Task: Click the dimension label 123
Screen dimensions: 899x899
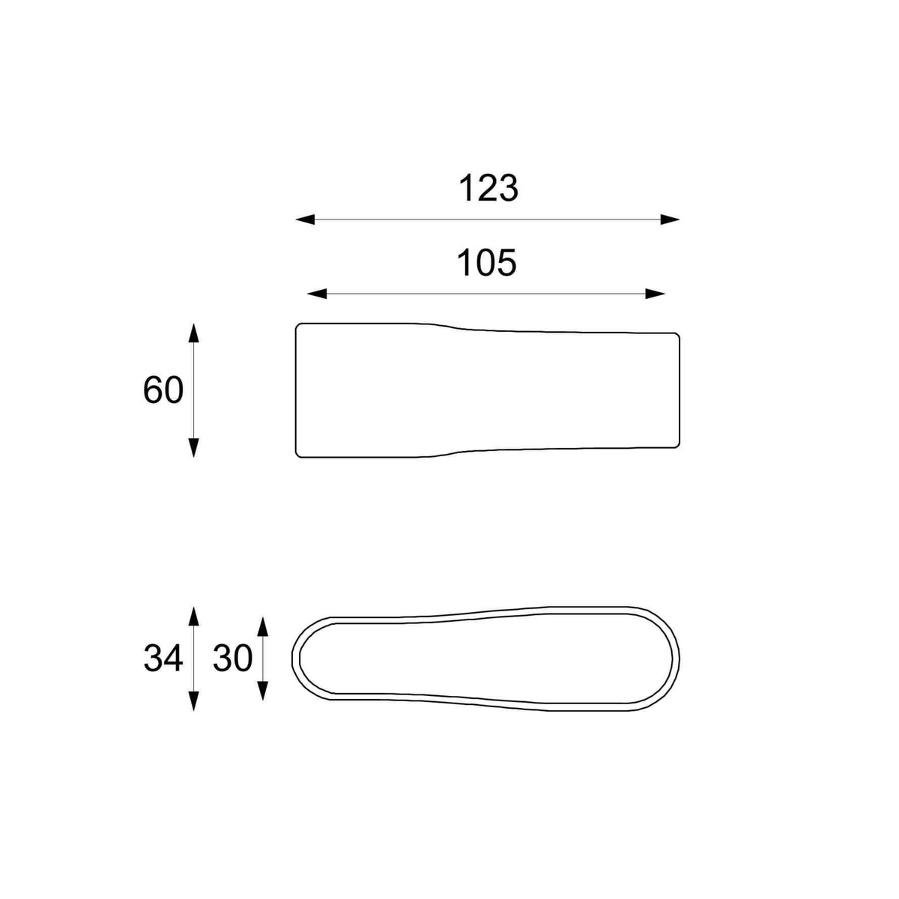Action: [488, 189]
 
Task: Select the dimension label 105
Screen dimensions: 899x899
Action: [487, 263]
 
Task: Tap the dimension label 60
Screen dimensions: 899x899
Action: [163, 390]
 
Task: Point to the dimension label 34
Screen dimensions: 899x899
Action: [163, 659]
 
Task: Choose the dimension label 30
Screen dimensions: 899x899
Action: [233, 659]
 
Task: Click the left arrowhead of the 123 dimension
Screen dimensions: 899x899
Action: [306, 220]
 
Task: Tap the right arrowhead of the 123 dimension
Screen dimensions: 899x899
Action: [670, 220]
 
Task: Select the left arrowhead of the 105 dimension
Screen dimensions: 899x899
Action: [317, 294]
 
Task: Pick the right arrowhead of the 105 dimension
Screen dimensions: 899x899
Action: [655, 294]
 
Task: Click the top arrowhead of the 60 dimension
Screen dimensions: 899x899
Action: [193, 333]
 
